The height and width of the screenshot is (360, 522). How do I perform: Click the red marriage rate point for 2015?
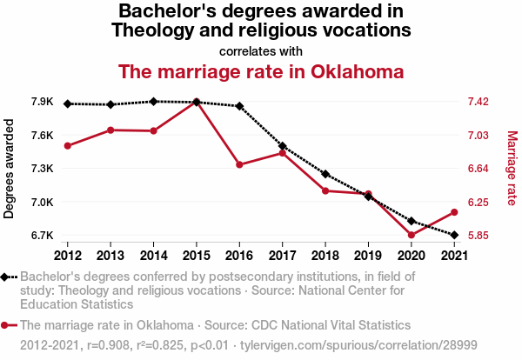197,103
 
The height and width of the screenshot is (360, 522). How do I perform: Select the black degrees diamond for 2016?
239,106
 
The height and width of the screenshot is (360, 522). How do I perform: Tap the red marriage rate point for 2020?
411,235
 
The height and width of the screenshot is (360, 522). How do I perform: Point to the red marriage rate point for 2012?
68,146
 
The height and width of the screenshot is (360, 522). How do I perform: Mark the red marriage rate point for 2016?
239,164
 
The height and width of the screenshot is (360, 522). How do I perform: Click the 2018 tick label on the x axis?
325,256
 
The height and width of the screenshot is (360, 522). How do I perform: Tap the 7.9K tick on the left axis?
43,103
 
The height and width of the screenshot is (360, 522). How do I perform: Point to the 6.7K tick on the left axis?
43,236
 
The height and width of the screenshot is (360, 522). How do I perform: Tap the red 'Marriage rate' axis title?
512,169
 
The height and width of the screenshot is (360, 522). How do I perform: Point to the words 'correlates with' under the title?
261,50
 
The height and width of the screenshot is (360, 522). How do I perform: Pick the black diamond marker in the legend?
6,277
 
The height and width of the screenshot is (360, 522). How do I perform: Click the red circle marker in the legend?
6,325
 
